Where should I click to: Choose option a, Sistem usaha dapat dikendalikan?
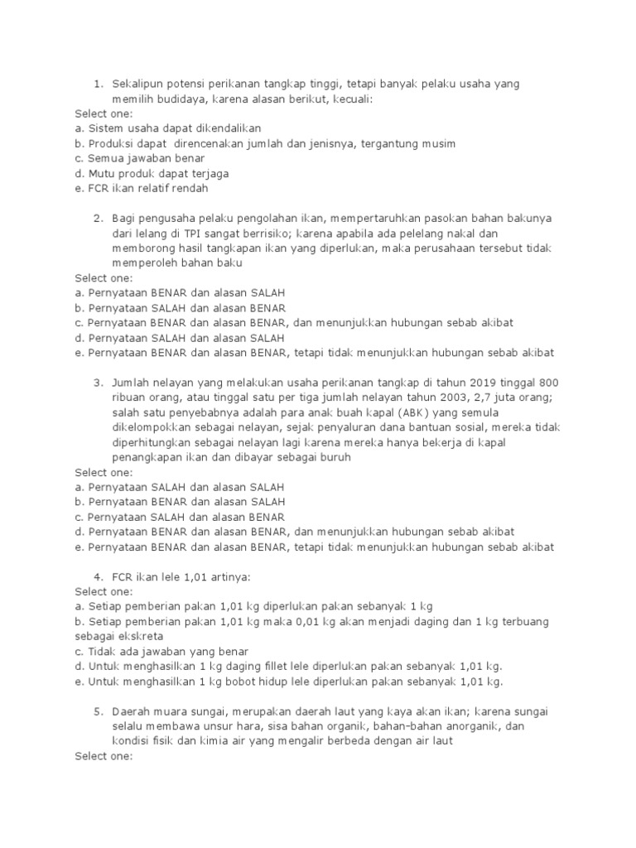tap(167, 128)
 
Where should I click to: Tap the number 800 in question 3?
tap(550, 383)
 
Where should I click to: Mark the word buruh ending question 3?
tap(335, 457)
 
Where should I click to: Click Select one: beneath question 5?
tap(103, 756)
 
